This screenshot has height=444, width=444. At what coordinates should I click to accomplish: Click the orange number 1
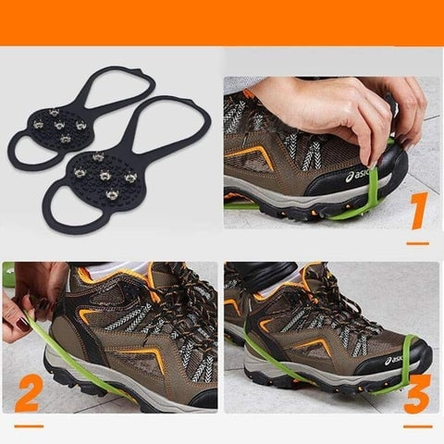416,211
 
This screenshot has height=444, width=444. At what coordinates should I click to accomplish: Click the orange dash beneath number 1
418,243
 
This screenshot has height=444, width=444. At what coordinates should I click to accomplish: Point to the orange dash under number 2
29,426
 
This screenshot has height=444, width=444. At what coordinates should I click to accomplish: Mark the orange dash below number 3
417,425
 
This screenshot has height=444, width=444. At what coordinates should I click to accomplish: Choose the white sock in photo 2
135,269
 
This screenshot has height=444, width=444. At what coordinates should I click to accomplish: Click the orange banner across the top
222,22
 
